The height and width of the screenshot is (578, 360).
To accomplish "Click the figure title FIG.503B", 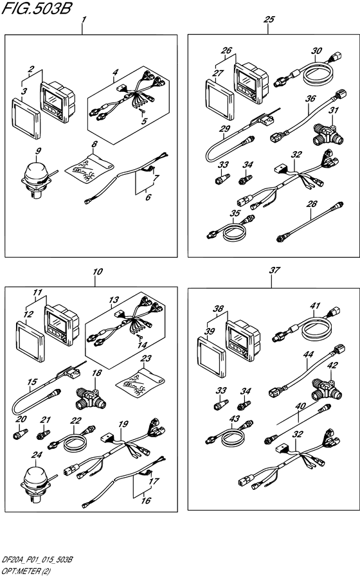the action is pyautogui.click(x=36, y=8).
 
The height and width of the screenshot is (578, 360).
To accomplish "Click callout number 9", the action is pyautogui.click(x=39, y=150).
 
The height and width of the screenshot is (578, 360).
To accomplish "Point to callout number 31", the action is pyautogui.click(x=334, y=110).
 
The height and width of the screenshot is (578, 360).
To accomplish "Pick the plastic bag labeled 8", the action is pyautogui.click(x=89, y=168).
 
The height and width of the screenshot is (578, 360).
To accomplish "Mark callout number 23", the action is pyautogui.click(x=147, y=358).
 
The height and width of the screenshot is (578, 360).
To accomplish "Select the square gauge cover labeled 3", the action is pyautogui.click(x=26, y=118).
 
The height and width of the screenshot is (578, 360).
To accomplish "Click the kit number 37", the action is pyautogui.click(x=274, y=270).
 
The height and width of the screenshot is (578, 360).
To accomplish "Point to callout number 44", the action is pyautogui.click(x=308, y=354).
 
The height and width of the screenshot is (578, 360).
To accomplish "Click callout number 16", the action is pyautogui.click(x=146, y=500).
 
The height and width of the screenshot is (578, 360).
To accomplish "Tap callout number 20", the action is pyautogui.click(x=21, y=419).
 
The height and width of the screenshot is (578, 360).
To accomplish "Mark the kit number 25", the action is pyautogui.click(x=269, y=19).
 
